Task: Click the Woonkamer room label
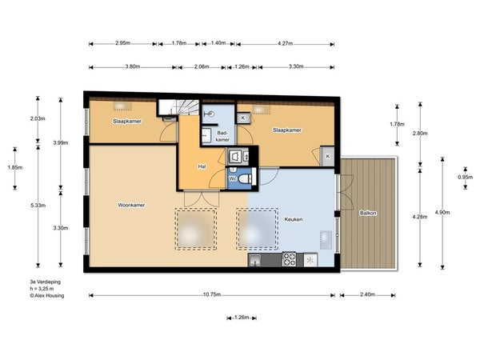[x=131, y=205]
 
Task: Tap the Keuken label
[x=294, y=219]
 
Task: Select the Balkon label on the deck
[x=368, y=213]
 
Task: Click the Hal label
[x=202, y=166]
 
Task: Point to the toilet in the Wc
[x=245, y=178]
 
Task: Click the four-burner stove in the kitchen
[x=289, y=259]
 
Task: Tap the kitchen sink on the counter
[x=254, y=260]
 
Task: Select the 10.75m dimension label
[x=212, y=294]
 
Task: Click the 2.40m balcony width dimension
[x=367, y=294]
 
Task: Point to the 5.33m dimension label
[x=38, y=206]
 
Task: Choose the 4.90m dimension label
[x=442, y=212]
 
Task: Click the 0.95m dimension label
[x=466, y=178]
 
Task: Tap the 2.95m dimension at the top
[x=122, y=43]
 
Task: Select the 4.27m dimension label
[x=286, y=43]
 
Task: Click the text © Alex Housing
[x=47, y=296]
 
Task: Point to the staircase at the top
[x=178, y=107]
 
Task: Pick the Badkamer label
[x=222, y=136]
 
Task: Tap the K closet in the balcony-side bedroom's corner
[x=327, y=157]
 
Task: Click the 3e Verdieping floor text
[x=46, y=282]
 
